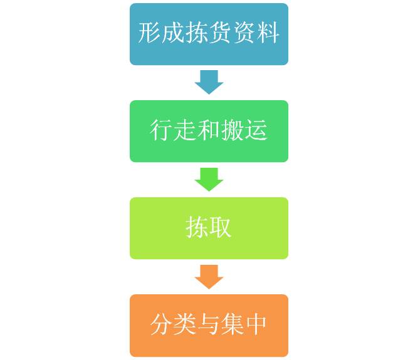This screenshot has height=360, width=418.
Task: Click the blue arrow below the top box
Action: pos(209,81)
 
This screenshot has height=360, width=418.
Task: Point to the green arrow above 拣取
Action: pos(209,178)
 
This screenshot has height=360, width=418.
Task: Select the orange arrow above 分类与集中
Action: pos(209,276)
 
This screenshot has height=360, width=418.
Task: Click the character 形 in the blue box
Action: pos(150,33)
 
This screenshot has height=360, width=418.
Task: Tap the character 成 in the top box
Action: pos(174,33)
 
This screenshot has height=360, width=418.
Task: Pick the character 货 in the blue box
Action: pos(221,33)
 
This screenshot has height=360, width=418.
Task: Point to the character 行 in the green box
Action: pos(162,130)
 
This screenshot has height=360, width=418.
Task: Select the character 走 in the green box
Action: pos(185,130)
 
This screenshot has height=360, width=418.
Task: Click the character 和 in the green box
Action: pos(209,130)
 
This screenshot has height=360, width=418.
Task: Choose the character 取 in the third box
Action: pos(221,227)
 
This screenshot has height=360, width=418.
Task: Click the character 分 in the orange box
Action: pos(162,324)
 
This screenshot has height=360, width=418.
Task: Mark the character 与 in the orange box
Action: pos(209,324)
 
